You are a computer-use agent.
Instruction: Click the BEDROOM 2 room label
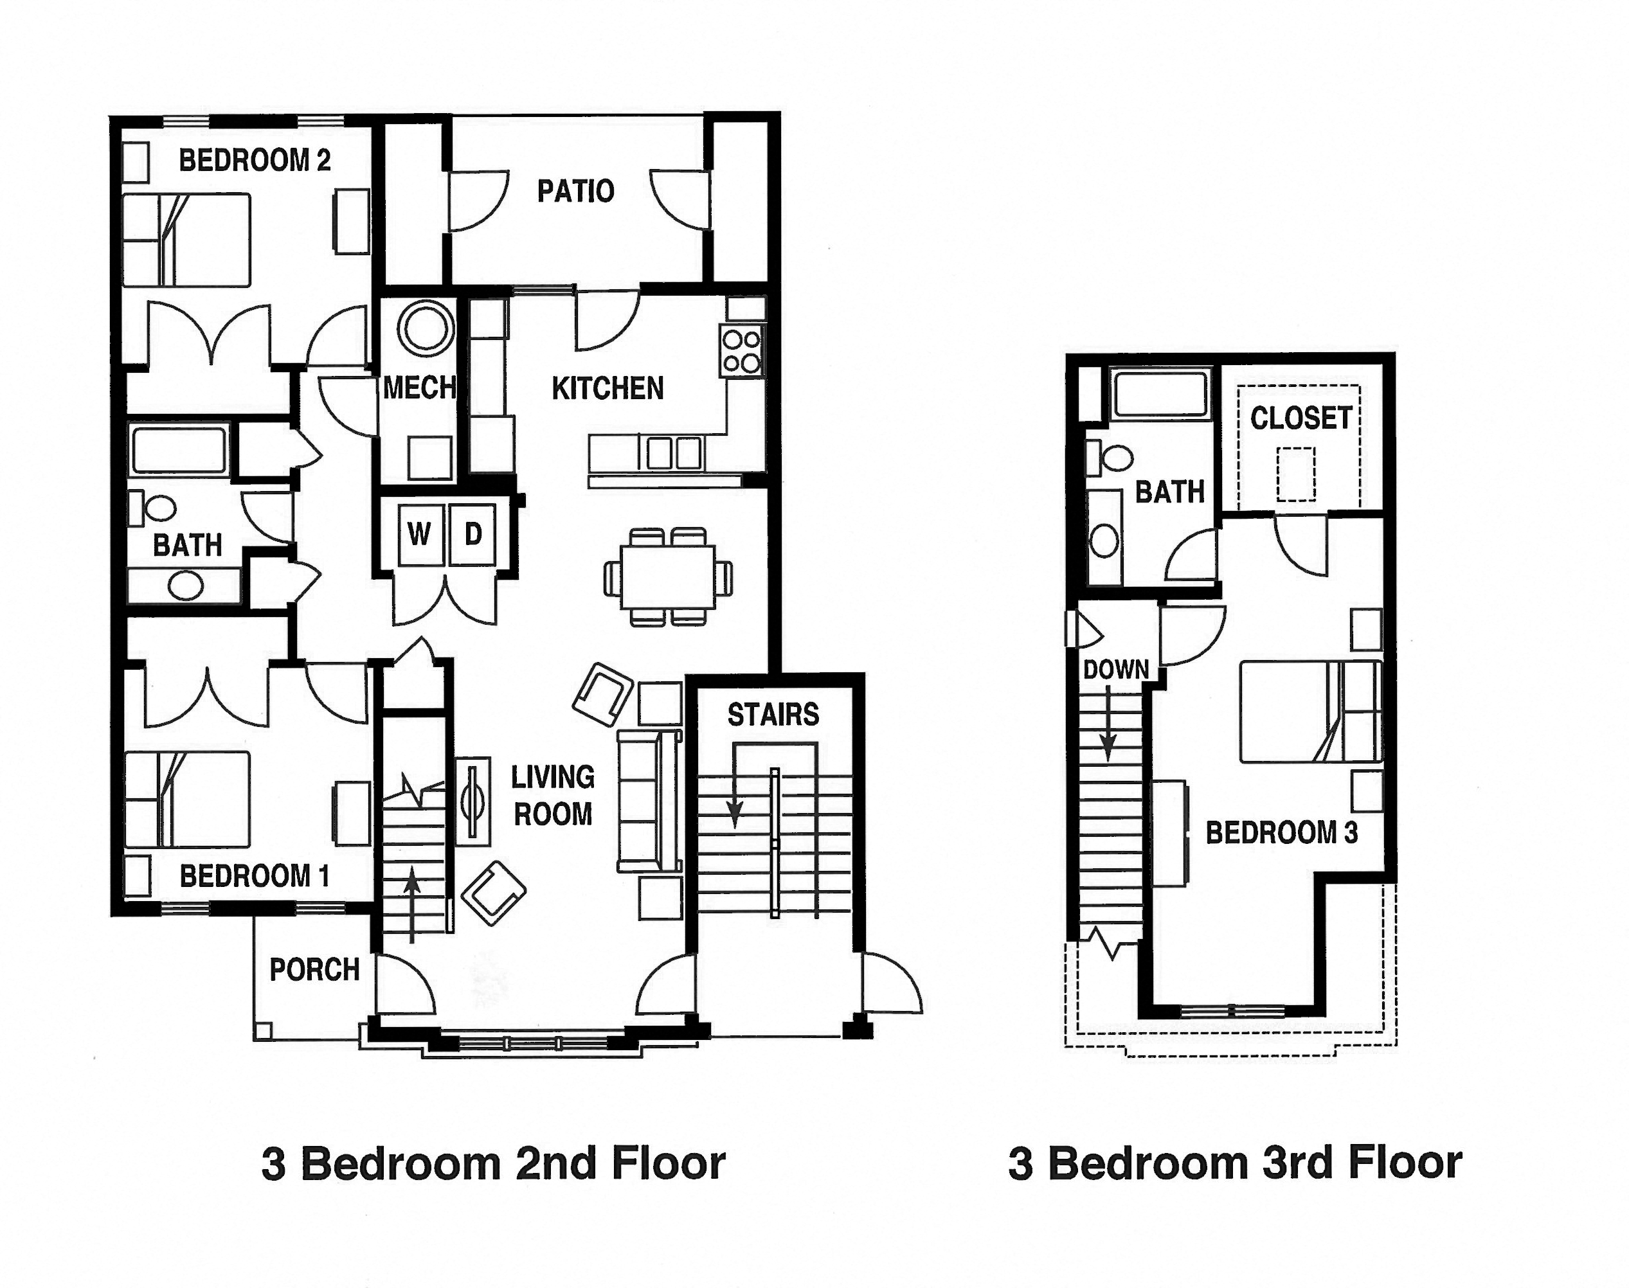click(254, 161)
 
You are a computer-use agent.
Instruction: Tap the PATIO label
click(575, 192)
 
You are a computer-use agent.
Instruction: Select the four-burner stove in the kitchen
click(741, 352)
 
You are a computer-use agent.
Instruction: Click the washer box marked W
click(420, 535)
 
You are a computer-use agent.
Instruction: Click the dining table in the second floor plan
click(668, 578)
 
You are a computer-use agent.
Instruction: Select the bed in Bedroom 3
click(1311, 711)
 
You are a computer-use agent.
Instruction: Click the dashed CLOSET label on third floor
click(1300, 418)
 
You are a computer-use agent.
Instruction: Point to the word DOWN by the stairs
click(1115, 669)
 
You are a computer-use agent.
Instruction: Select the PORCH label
click(314, 970)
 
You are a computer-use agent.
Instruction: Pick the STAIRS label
click(773, 715)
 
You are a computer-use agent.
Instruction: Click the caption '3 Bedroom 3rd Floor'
click(1234, 1162)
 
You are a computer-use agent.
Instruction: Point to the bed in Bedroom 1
click(187, 800)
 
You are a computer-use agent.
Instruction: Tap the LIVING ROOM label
click(553, 796)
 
